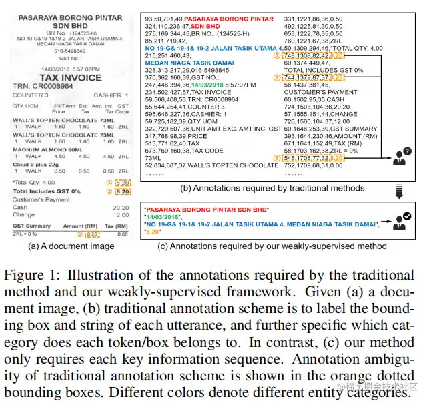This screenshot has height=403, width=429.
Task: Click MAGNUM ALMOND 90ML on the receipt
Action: (45, 150)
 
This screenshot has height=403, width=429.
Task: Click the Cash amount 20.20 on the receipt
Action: (121, 207)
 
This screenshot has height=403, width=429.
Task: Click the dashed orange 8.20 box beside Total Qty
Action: (122, 181)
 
